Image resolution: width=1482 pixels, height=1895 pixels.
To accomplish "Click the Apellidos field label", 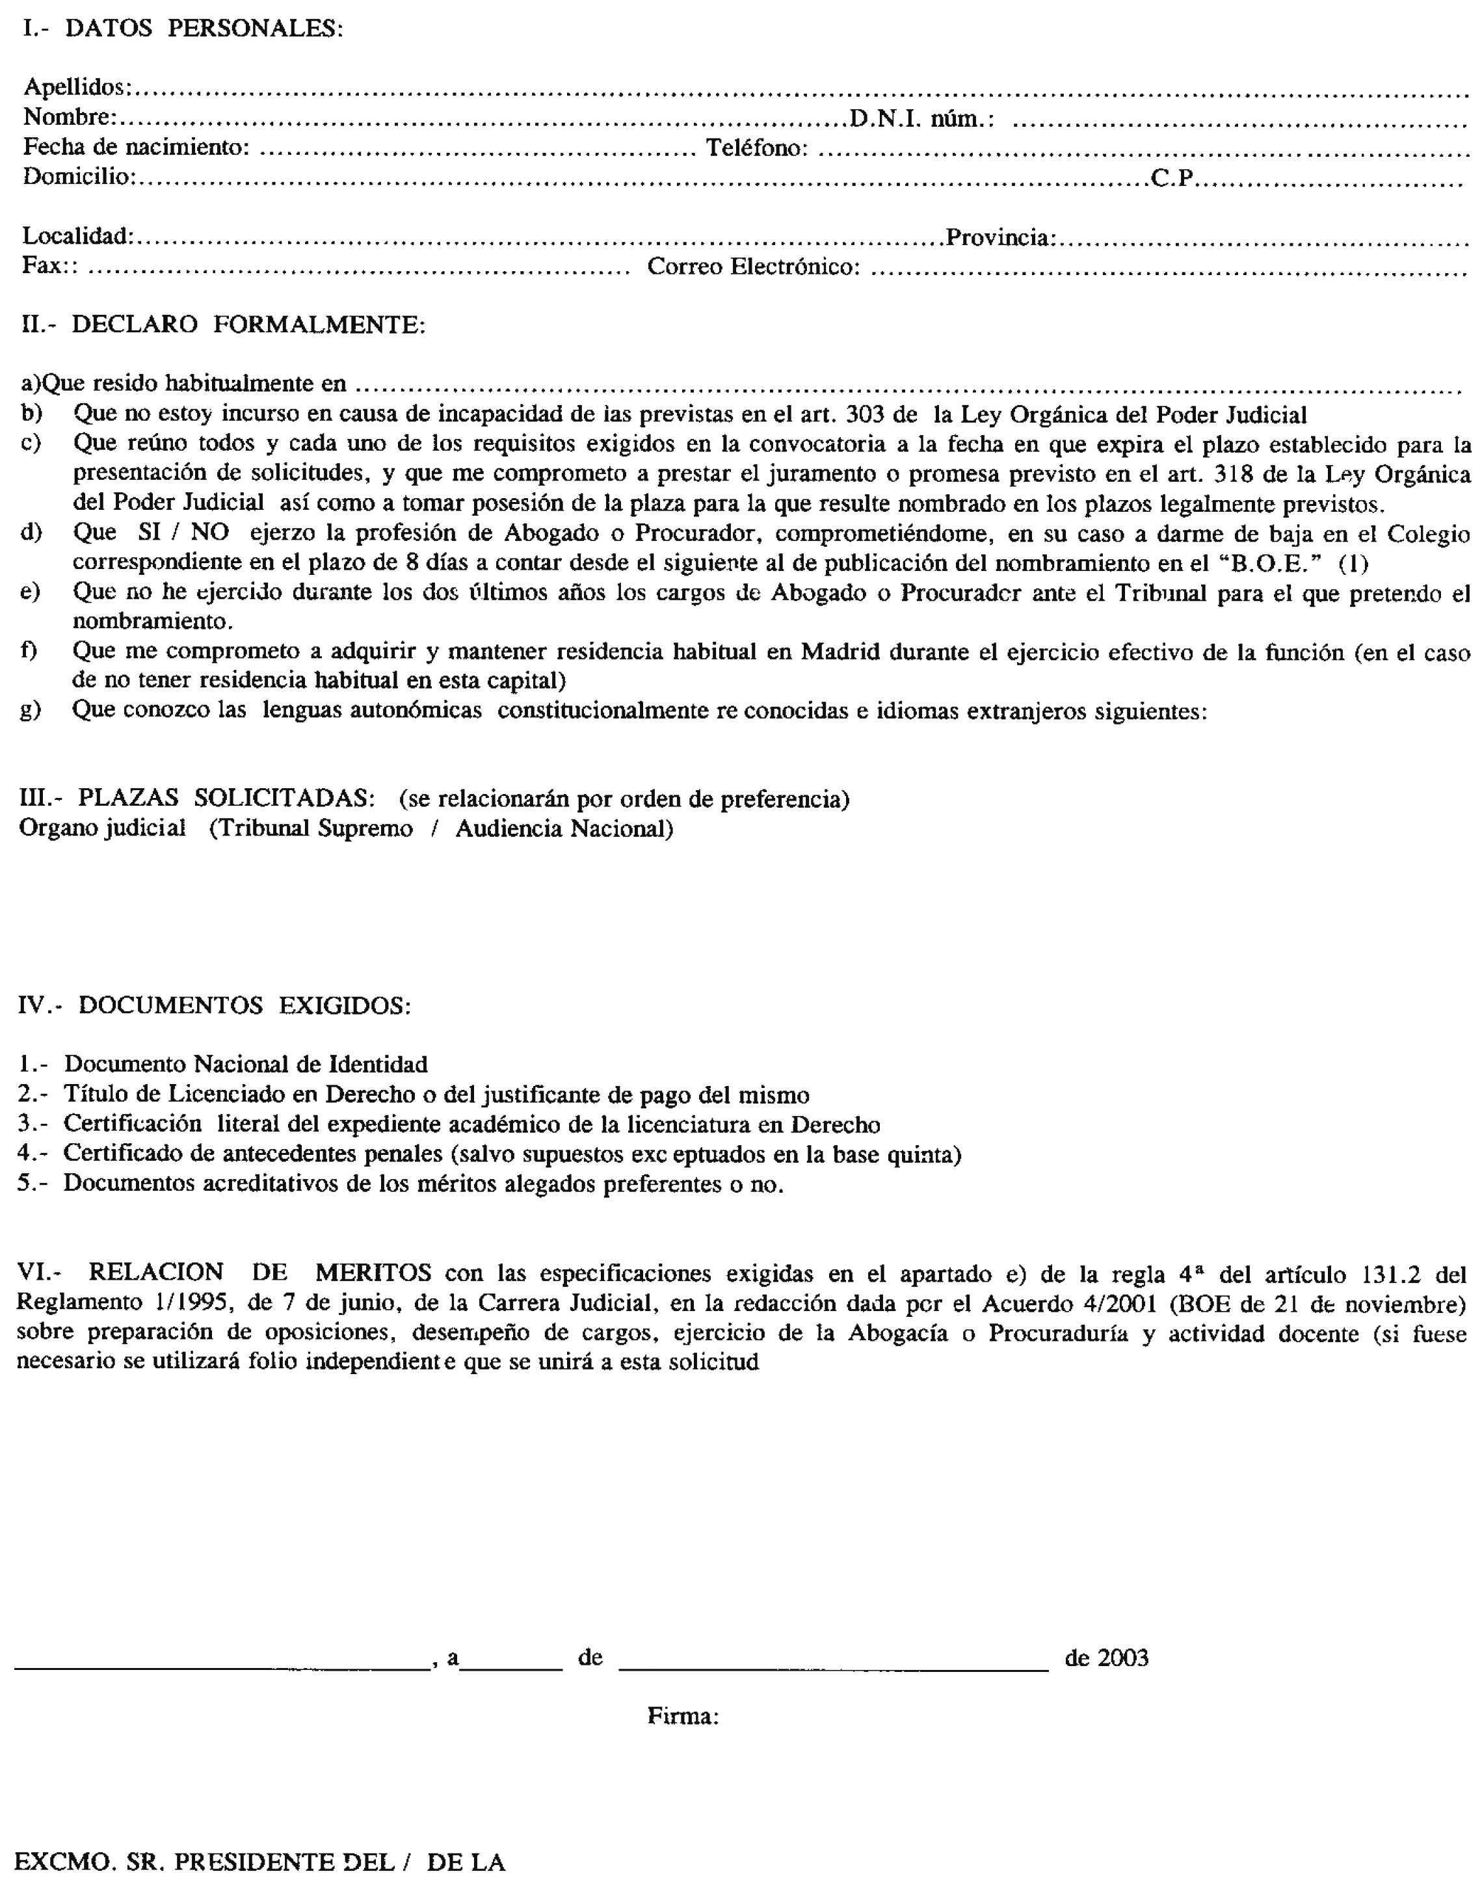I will (76, 86).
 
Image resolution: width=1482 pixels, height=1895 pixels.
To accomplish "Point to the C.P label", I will (1173, 178).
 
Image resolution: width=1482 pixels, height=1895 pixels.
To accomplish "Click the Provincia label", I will (1000, 237).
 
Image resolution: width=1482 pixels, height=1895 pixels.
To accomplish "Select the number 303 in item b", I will (864, 415).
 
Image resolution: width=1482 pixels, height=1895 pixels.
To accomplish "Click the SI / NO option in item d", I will (183, 532).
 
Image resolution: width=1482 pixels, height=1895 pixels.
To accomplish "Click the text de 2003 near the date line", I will (1106, 1658).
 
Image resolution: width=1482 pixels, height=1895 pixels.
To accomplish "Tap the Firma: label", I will (683, 1716).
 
